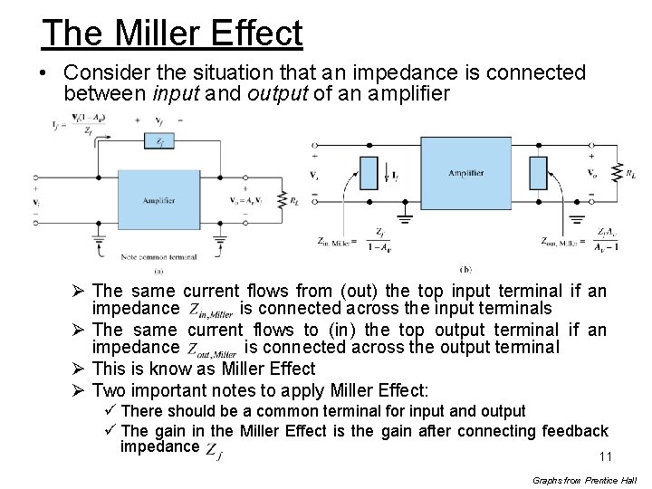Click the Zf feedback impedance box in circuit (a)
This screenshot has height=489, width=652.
(159, 140)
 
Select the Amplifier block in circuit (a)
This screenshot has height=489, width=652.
(159, 201)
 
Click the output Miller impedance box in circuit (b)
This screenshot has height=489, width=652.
(539, 172)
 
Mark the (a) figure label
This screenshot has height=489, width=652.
(158, 270)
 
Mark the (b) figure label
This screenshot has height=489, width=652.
(465, 270)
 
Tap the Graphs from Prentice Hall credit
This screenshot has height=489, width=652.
(585, 480)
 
